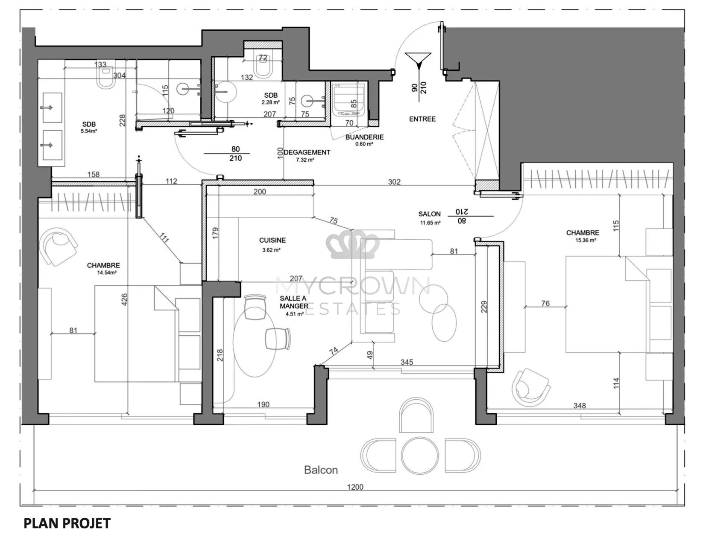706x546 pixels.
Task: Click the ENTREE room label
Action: click(x=422, y=119)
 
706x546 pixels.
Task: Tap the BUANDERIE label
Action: click(x=364, y=137)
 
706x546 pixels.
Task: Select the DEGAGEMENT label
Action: click(x=307, y=152)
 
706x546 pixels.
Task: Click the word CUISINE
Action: click(x=272, y=241)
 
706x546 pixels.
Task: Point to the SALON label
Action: click(x=430, y=214)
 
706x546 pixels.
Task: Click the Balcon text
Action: click(x=321, y=470)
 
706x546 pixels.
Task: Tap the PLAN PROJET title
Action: click(x=67, y=524)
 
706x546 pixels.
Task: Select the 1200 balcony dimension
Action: click(x=355, y=487)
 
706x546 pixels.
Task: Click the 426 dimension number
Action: click(x=124, y=299)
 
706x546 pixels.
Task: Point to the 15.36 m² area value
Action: click(x=586, y=241)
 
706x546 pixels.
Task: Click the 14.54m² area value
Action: click(x=107, y=273)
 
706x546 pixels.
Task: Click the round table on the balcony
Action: click(x=419, y=456)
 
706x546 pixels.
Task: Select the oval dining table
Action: click(x=255, y=341)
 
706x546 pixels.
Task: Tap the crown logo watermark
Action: click(x=352, y=244)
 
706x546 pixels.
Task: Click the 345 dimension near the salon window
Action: click(x=407, y=362)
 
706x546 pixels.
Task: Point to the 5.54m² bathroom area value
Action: click(x=89, y=131)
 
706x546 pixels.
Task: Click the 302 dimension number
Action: click(x=394, y=182)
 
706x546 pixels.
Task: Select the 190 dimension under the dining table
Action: click(x=263, y=404)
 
